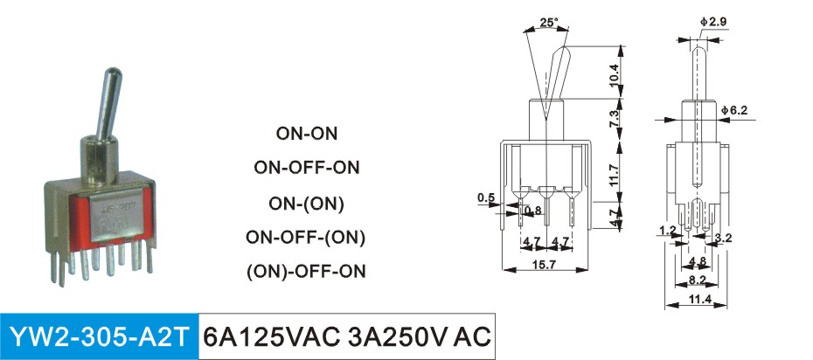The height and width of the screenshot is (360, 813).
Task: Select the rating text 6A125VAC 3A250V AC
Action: (346, 336)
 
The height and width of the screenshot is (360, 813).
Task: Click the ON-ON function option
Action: (306, 135)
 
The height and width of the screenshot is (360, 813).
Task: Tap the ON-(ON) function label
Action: (306, 204)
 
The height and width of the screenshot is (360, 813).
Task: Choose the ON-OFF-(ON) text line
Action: (306, 237)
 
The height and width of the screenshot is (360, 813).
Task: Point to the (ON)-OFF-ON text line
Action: (306, 270)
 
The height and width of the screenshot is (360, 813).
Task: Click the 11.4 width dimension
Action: (698, 300)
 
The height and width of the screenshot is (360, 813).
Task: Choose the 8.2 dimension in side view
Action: (698, 280)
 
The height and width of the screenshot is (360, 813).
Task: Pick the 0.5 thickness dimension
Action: (486, 198)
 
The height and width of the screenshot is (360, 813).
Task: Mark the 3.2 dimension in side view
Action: (722, 237)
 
